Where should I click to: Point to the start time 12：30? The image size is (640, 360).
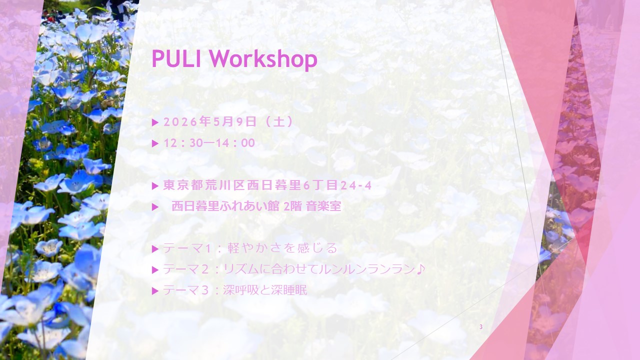pyautogui.click(x=182, y=143)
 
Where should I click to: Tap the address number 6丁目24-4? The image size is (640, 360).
pyautogui.click(x=337, y=186)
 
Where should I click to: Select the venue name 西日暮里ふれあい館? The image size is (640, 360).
pyautogui.click(x=225, y=206)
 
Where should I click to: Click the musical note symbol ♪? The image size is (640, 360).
pyautogui.click(x=420, y=269)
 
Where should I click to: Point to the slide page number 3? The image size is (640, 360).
pyautogui.click(x=481, y=327)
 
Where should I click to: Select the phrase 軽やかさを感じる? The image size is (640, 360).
pyautogui.click(x=282, y=248)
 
